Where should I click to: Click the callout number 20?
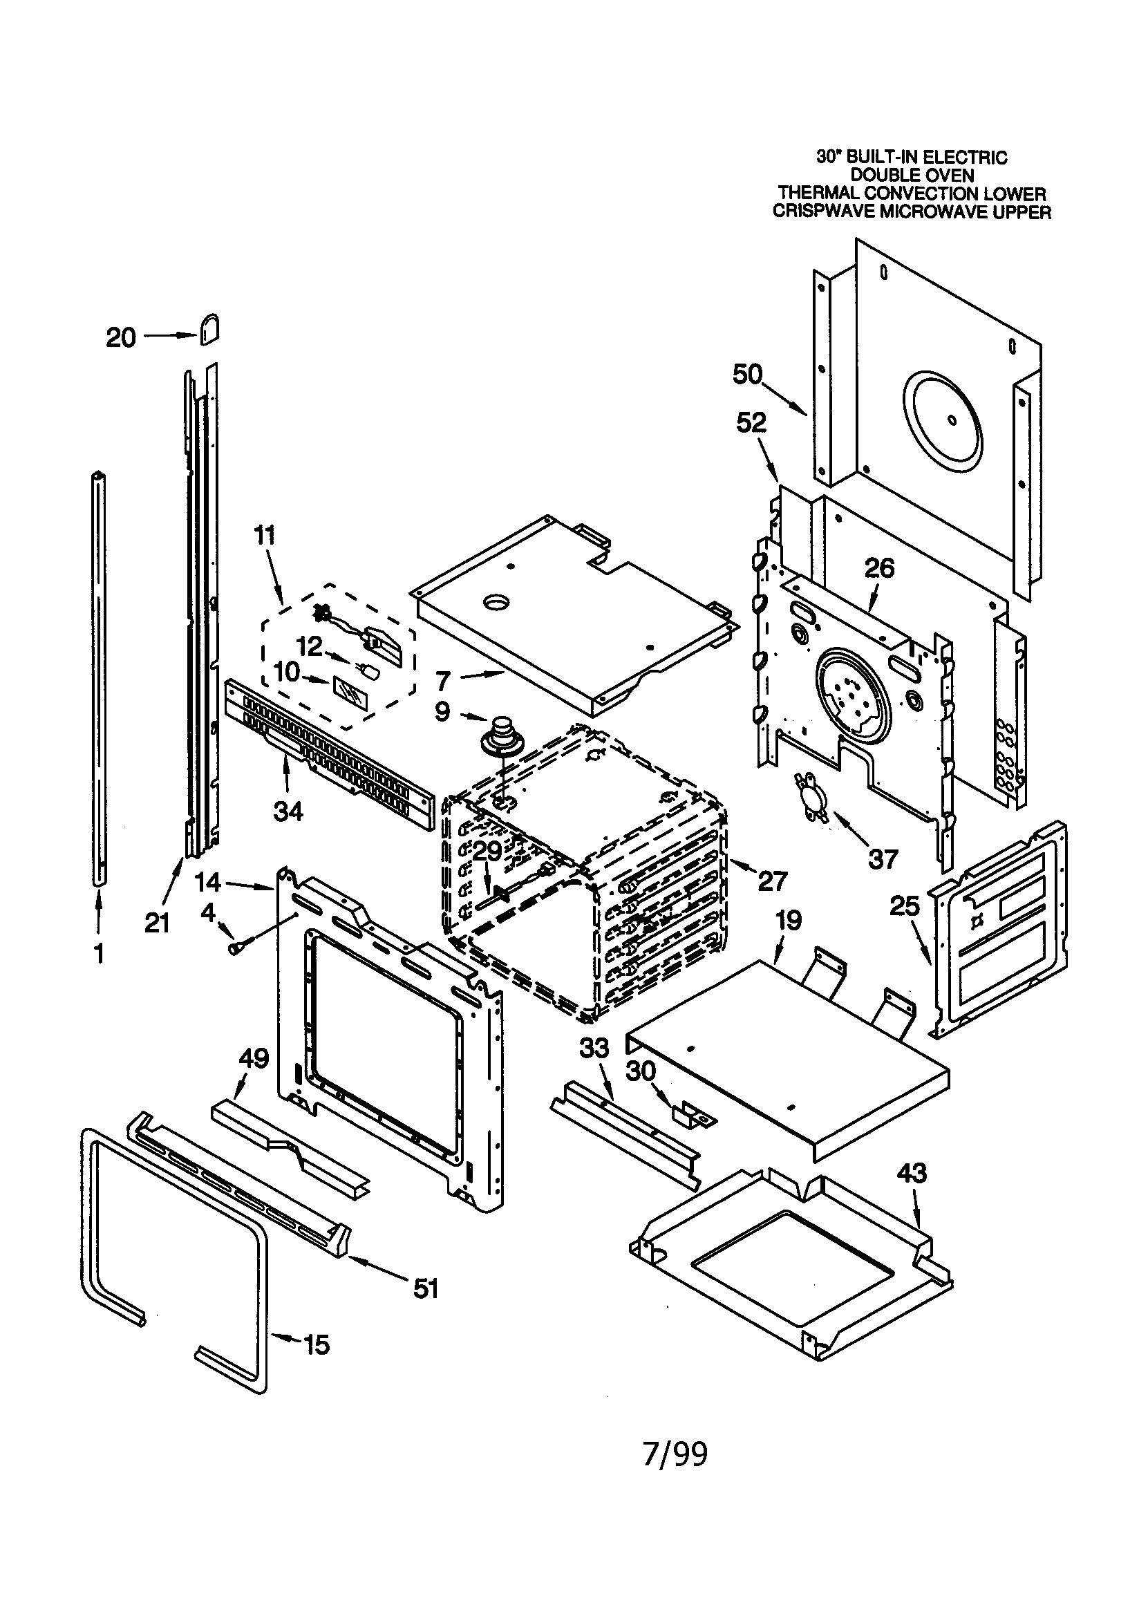(x=120, y=338)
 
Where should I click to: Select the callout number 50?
(x=748, y=375)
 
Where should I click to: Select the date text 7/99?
(x=675, y=1454)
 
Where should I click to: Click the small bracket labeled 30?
(x=693, y=1114)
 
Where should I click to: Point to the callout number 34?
(x=288, y=811)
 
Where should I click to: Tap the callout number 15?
(x=316, y=1345)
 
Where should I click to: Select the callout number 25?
(x=905, y=906)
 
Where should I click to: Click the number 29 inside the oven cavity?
(x=487, y=851)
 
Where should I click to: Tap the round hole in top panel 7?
(x=498, y=602)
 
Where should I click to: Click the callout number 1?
(x=99, y=954)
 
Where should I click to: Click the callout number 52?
(x=752, y=422)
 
